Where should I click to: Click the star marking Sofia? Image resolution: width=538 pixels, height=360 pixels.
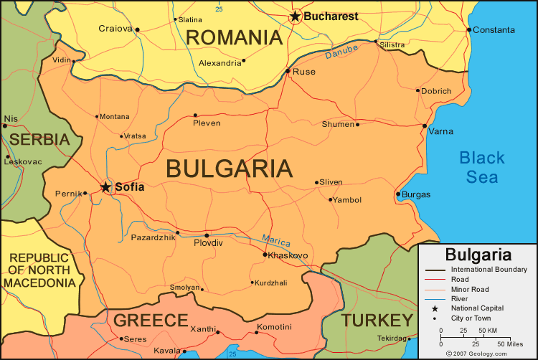pyautogui.click(x=105, y=187)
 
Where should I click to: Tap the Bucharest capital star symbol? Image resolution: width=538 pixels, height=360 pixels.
pyautogui.click(x=296, y=16)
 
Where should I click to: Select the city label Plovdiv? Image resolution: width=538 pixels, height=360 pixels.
pyautogui.click(x=209, y=243)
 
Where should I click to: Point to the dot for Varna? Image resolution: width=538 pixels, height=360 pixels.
pyautogui.click(x=425, y=125)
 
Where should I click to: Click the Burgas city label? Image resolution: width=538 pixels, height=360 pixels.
pyautogui.click(x=416, y=194)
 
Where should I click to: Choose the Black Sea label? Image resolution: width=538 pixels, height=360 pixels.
pyautogui.click(x=482, y=168)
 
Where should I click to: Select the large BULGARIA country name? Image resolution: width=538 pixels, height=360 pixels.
pyautogui.click(x=229, y=169)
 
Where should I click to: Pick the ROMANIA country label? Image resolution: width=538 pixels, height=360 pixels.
pyautogui.click(x=234, y=37)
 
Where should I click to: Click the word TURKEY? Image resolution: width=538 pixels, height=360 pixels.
pyautogui.click(x=377, y=320)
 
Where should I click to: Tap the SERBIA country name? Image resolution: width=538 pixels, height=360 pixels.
pyautogui.click(x=39, y=139)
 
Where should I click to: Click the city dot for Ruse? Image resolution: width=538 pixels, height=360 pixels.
pyautogui.click(x=288, y=71)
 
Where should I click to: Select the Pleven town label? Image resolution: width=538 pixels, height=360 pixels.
pyautogui.click(x=207, y=123)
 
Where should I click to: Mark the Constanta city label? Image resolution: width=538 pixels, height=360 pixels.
pyautogui.click(x=494, y=30)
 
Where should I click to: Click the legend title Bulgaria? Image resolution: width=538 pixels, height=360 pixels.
pyautogui.click(x=478, y=255)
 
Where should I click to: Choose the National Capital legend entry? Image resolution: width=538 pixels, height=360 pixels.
pyautogui.click(x=478, y=308)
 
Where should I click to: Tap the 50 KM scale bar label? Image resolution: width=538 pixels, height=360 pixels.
pyautogui.click(x=487, y=331)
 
